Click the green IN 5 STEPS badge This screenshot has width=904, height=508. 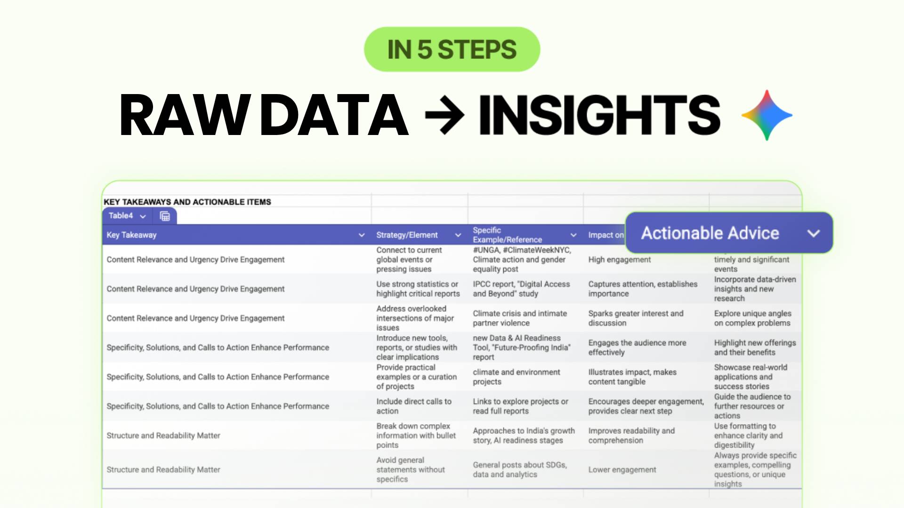452,49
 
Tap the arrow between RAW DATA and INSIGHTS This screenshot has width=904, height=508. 444,114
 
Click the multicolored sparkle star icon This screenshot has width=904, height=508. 767,115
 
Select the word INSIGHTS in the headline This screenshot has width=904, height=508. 599,114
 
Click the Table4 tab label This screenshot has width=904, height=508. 121,216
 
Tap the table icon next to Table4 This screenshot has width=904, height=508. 165,216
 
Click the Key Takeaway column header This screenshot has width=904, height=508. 132,235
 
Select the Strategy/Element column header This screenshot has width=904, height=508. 407,235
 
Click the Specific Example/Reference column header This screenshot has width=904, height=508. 507,235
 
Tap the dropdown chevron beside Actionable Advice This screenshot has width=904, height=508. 814,233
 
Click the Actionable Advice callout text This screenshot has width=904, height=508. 710,233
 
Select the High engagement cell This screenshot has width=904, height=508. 619,260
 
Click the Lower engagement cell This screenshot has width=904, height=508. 622,470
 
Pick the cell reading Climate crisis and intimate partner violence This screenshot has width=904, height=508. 520,318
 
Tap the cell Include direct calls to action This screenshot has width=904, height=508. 413,406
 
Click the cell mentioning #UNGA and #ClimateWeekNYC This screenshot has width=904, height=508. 522,260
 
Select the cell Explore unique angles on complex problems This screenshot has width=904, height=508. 752,318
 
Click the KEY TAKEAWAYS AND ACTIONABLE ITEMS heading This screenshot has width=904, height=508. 187,202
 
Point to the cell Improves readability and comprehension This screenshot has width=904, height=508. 631,436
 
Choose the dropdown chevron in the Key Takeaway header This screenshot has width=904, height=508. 362,235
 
